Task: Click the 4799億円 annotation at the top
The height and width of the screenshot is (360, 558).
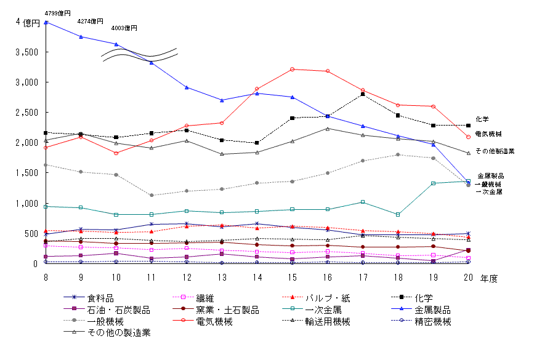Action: point(57,12)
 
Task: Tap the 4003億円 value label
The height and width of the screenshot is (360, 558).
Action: point(124,28)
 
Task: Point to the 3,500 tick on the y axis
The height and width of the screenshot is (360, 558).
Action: point(26,52)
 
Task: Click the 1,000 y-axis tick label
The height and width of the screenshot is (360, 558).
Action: point(26,204)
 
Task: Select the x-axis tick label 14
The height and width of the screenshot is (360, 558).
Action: point(257,278)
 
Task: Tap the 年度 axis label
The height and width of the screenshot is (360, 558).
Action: point(490,278)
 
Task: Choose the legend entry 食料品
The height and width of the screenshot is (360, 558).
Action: point(100,298)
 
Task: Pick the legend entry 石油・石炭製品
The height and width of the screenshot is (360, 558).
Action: point(118,310)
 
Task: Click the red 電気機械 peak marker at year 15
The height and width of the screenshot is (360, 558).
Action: point(292,70)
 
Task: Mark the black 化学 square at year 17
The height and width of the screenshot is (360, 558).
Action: point(363,94)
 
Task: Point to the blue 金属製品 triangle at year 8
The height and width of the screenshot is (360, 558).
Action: point(46,22)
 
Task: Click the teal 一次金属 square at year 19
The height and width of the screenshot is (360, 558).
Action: point(433,183)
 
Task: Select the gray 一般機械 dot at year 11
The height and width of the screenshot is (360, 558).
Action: point(152,196)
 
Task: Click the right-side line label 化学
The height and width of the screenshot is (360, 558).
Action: point(482,119)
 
